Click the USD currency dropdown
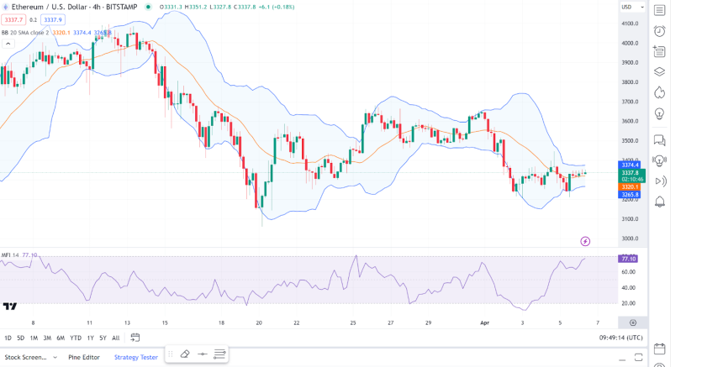[x=627, y=7]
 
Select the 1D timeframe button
[x=8, y=338]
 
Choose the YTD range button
[x=76, y=338]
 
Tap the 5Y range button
[x=102, y=338]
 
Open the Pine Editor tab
[x=84, y=357]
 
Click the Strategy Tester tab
[x=136, y=357]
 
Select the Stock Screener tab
[x=26, y=357]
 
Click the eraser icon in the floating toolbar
[x=185, y=354]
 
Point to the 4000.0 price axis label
[x=631, y=43]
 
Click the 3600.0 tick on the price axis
[x=631, y=121]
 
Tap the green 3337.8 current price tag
[x=631, y=173]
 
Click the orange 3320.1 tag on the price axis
[x=631, y=186]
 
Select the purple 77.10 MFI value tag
[x=631, y=259]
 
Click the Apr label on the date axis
[x=483, y=322]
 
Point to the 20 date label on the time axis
[x=259, y=322]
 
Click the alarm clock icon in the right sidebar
[x=660, y=31]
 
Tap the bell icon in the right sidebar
[x=660, y=202]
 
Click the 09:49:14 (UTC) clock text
[x=622, y=338]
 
